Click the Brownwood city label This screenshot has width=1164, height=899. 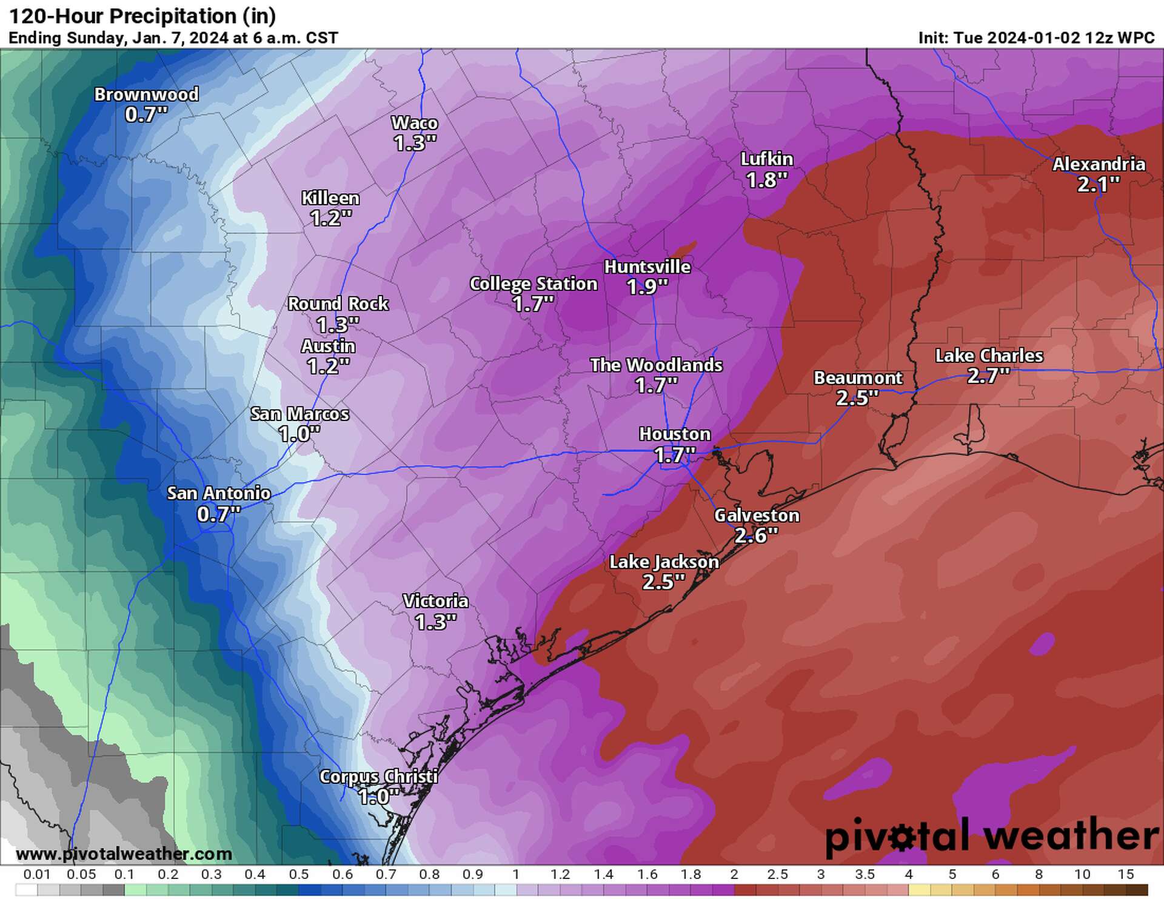tap(146, 95)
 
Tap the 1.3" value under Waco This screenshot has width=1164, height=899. tap(415, 144)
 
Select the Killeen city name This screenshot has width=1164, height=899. tap(330, 198)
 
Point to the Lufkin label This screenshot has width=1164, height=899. tap(767, 159)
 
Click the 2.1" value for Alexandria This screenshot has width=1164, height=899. tap(1098, 184)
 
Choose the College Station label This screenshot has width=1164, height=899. tap(533, 284)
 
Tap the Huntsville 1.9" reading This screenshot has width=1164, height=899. tap(647, 287)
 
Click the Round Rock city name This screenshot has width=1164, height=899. tap(338, 304)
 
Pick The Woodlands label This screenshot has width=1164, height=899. tap(656, 365)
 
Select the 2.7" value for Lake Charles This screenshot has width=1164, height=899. tap(988, 376)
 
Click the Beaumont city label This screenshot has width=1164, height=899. tap(858, 378)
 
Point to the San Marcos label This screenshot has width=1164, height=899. tap(299, 414)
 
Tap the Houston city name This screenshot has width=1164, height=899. tap(674, 434)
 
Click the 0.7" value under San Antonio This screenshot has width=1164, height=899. tap(218, 514)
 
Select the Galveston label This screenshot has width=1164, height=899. tap(757, 516)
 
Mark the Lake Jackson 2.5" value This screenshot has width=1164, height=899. tap(663, 582)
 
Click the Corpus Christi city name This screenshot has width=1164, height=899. tap(378, 777)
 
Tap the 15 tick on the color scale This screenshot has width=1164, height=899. tap(1125, 875)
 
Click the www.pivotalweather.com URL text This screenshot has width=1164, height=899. tap(124, 854)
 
